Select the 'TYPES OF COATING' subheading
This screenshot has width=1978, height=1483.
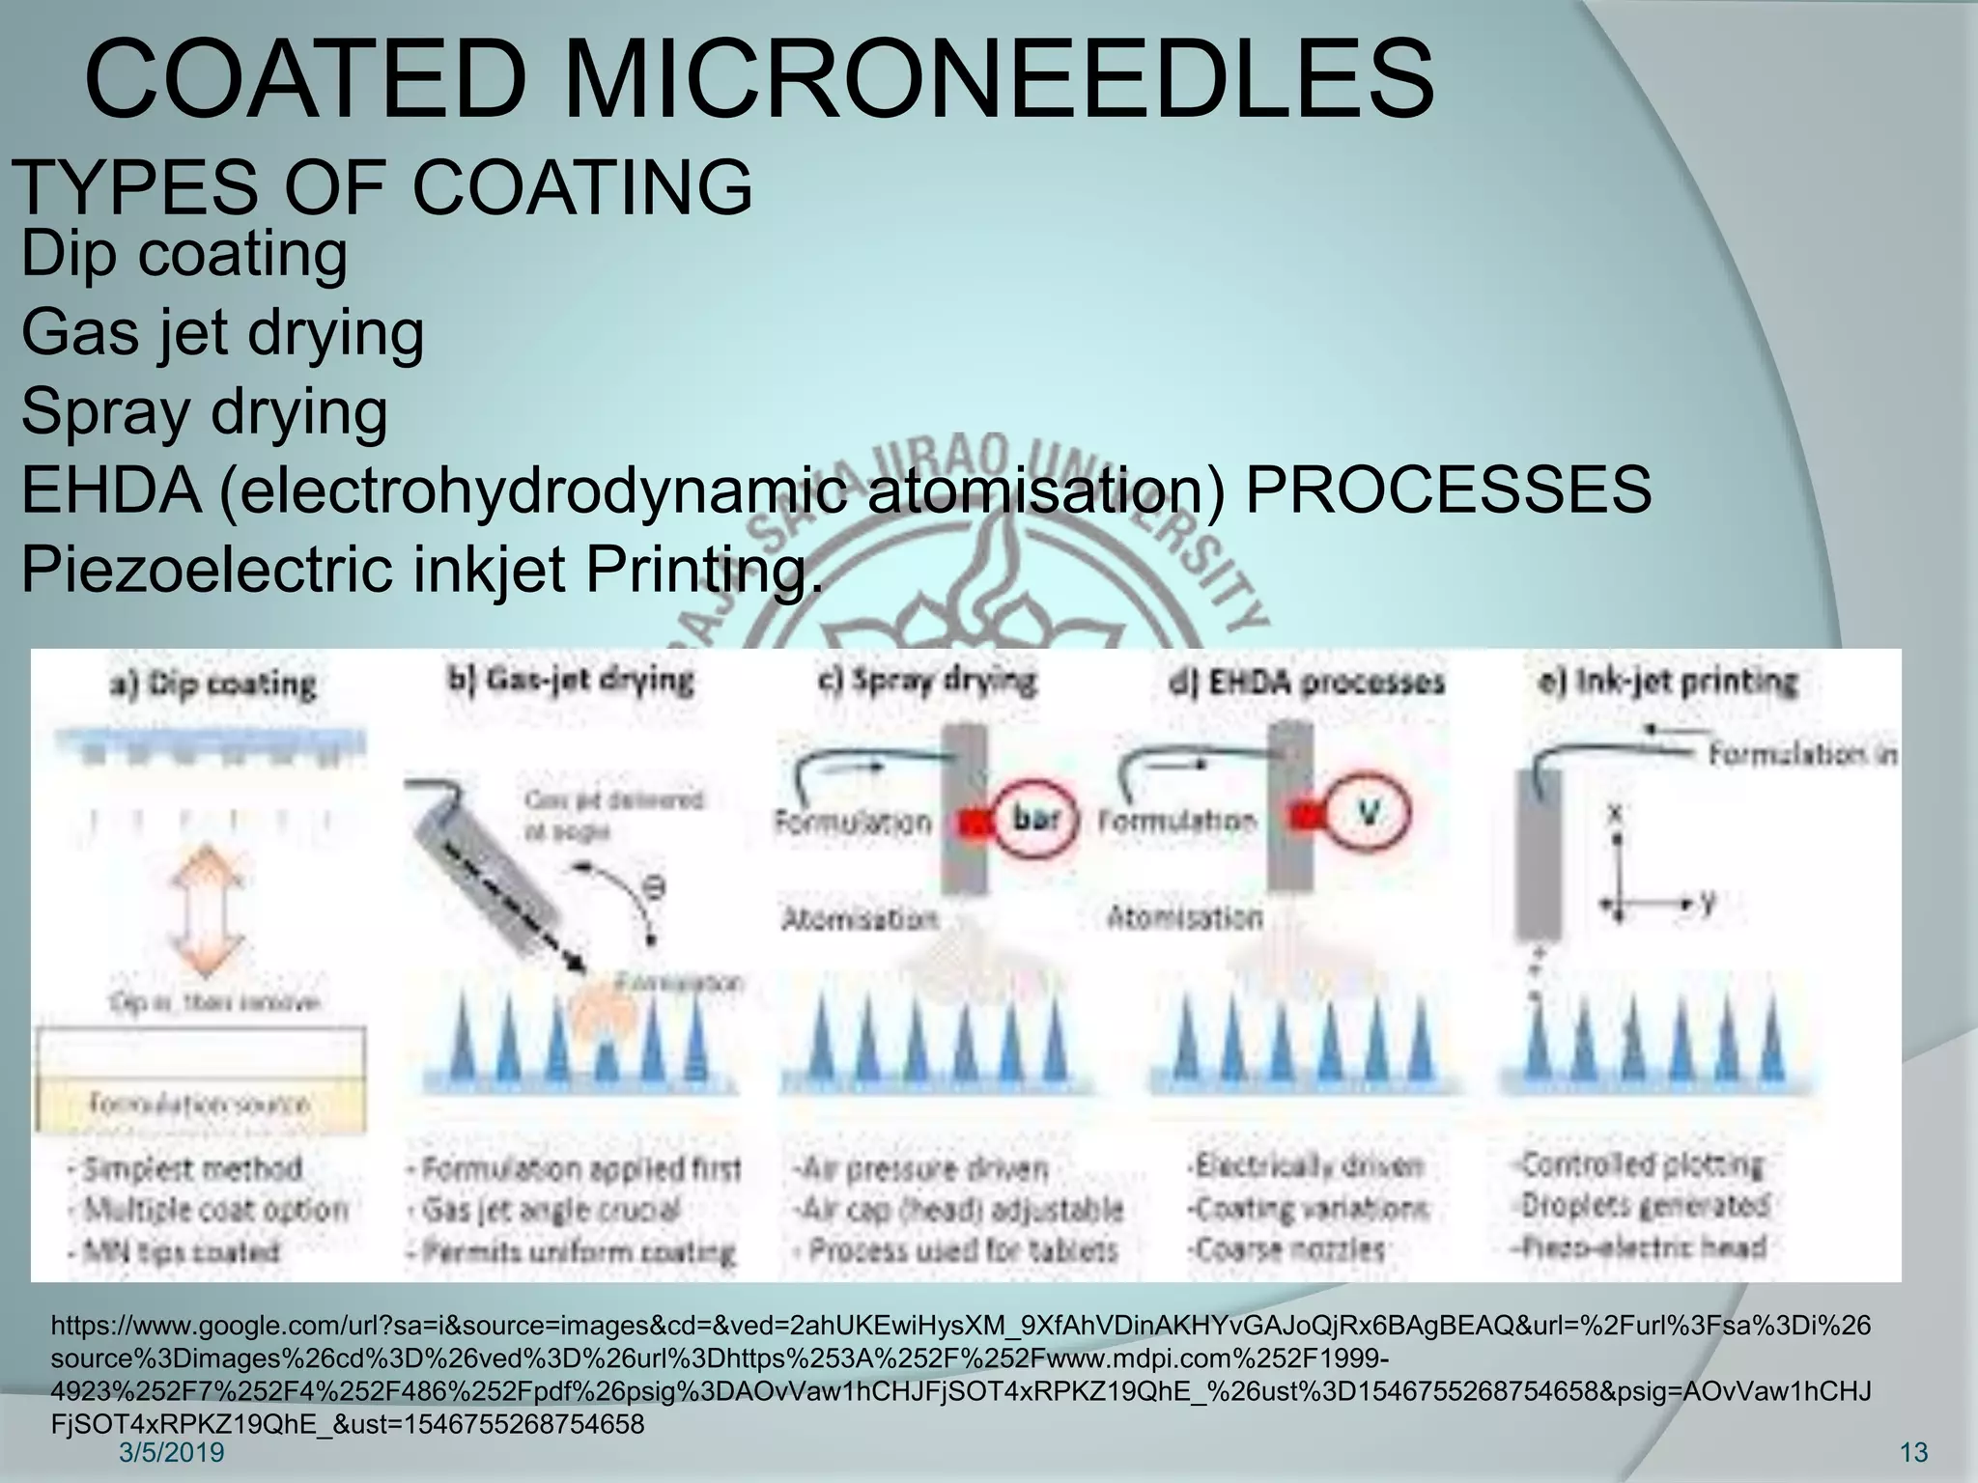383,187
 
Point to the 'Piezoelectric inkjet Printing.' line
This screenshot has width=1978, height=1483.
422,569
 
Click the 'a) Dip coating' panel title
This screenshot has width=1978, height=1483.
212,685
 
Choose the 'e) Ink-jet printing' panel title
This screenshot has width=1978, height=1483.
1668,682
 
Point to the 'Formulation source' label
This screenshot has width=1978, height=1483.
200,1103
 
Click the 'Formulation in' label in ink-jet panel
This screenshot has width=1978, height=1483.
1802,754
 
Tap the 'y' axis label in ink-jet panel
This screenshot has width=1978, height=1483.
1708,902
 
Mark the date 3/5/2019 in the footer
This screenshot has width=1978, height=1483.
171,1452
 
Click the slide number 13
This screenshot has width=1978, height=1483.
1913,1452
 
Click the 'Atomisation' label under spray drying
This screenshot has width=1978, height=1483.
860,918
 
